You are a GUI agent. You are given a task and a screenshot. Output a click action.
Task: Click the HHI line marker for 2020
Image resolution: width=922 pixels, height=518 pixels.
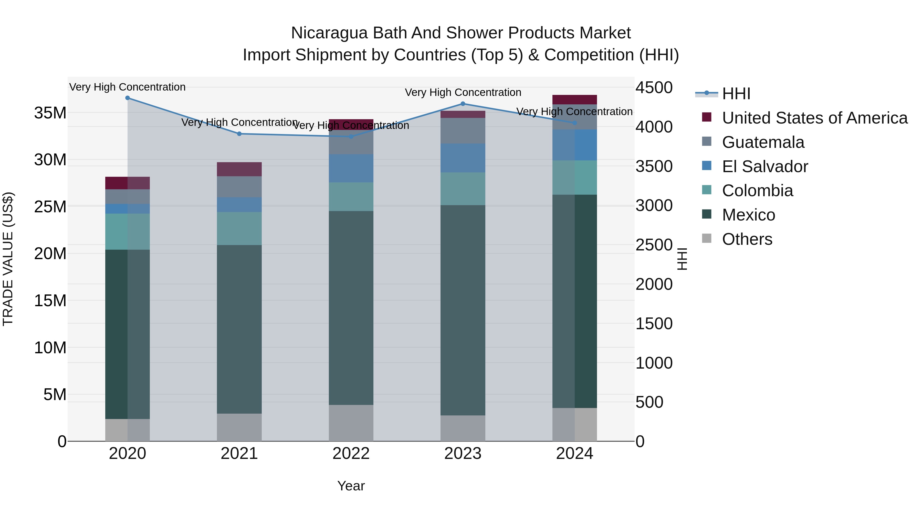128,98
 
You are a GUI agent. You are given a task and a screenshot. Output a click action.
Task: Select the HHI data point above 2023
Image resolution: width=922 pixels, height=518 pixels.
463,104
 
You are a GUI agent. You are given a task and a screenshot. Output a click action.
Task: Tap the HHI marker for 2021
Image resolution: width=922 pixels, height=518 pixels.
239,134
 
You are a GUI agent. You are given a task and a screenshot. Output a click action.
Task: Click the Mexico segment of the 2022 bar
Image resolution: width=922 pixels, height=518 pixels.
351,307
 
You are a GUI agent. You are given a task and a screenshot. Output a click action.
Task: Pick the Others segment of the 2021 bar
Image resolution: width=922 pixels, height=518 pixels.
239,427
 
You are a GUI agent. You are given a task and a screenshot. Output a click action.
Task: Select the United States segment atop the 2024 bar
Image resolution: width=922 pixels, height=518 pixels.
574,100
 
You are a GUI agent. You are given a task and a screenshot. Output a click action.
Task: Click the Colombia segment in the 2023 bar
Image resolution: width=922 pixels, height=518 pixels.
463,189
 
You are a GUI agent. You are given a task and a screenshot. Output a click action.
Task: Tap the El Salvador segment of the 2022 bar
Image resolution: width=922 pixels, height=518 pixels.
351,168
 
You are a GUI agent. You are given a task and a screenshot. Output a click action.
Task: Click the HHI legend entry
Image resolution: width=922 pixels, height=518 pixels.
736,94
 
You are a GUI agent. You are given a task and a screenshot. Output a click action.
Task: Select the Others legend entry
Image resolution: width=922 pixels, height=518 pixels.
747,239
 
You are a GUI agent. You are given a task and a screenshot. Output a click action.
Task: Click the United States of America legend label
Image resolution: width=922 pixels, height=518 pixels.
815,118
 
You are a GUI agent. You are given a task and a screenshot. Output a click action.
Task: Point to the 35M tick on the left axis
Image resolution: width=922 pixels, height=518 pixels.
50,113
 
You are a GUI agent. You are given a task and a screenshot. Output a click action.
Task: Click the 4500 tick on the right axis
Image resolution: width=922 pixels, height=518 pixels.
654,87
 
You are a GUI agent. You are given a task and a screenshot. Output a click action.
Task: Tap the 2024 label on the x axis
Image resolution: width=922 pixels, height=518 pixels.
574,454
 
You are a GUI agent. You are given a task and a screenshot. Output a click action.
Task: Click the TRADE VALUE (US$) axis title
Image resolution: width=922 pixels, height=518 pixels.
8,259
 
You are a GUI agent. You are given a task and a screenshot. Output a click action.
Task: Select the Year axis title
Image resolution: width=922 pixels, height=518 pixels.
351,486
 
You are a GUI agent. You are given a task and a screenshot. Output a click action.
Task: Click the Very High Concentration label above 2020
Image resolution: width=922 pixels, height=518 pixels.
128,87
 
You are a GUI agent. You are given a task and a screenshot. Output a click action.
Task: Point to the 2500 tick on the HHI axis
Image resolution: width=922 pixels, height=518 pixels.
654,245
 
